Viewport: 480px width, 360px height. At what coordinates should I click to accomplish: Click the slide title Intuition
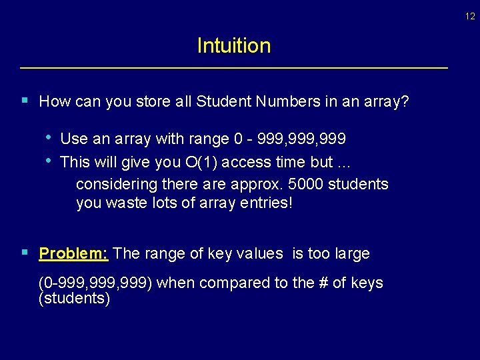tap(234, 46)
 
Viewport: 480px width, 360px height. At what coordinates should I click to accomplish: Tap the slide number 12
tap(470, 17)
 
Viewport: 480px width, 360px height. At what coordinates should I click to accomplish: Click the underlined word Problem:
tap(74, 254)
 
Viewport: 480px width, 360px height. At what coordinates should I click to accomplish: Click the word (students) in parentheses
tap(75, 298)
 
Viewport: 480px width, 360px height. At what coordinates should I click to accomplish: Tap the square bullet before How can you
tap(25, 101)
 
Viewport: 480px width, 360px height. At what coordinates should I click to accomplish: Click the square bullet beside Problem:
tap(25, 253)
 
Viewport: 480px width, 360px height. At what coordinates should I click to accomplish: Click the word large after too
tap(349, 254)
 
